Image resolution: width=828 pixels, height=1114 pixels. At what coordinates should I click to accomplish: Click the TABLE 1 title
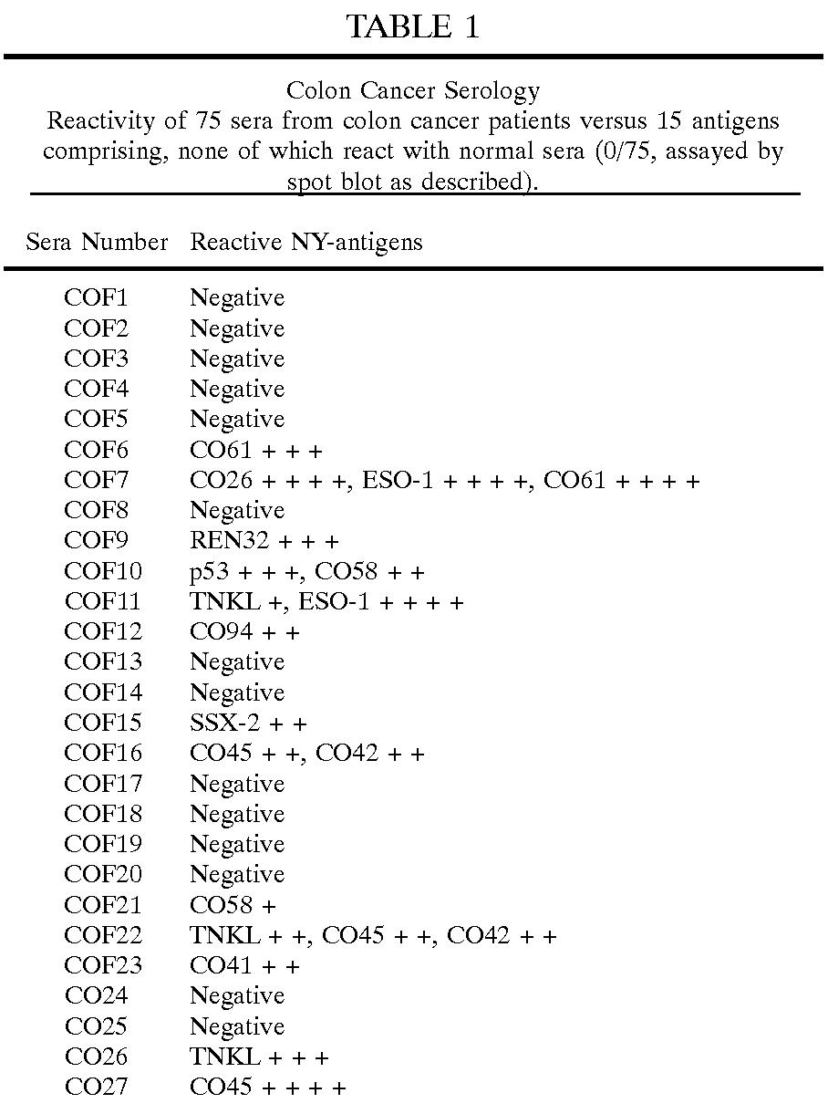[x=413, y=26]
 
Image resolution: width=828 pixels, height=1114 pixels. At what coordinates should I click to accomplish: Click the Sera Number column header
[x=97, y=242]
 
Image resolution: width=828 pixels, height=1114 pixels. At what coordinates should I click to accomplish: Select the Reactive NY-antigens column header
[x=306, y=242]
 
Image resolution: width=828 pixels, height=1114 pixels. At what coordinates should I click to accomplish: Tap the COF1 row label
[x=97, y=298]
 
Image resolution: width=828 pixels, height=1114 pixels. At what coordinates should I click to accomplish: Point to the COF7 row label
[x=97, y=480]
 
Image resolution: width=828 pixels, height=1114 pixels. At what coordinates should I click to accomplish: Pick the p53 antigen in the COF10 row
[x=205, y=571]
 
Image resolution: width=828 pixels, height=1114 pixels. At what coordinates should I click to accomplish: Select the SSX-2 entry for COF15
[x=225, y=723]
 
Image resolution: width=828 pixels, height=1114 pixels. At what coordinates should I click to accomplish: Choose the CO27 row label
[x=97, y=1087]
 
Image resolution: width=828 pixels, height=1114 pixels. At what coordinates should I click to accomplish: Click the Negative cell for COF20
[x=237, y=874]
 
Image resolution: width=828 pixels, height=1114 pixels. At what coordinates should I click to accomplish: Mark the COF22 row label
[x=103, y=935]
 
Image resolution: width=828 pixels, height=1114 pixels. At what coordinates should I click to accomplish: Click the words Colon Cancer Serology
[x=413, y=91]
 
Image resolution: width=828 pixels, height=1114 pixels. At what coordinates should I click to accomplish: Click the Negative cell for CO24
[x=237, y=995]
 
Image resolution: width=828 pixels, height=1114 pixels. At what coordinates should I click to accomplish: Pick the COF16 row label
[x=103, y=753]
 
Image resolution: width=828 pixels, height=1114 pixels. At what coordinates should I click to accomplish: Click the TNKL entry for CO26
[x=224, y=1057]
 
